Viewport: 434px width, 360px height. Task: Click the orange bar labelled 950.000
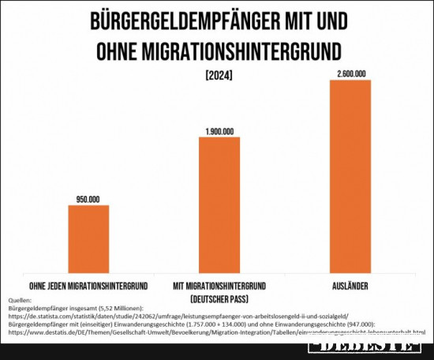(88, 238)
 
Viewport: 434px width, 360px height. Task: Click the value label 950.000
(88, 200)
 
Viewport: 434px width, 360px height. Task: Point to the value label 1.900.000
(219, 131)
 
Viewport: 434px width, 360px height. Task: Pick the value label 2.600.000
(350, 74)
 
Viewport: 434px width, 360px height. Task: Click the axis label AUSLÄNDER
(350, 284)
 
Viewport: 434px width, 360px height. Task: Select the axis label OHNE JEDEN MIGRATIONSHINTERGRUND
(88, 284)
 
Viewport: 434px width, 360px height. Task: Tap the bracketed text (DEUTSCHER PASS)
(219, 298)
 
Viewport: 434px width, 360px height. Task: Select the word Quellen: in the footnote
(21, 301)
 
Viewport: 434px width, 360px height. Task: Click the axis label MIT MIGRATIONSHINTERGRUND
(219, 284)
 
